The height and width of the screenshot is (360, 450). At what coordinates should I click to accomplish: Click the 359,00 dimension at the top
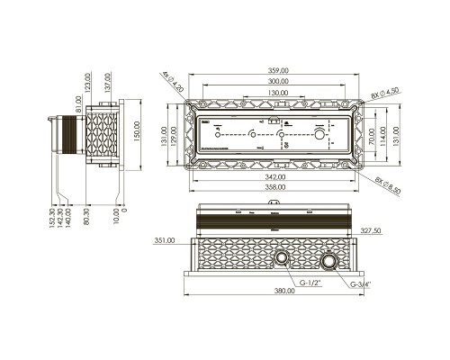[x=277, y=69]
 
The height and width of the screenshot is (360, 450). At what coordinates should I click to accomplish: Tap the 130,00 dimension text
[x=277, y=93]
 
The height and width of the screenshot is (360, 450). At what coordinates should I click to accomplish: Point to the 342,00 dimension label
[x=277, y=178]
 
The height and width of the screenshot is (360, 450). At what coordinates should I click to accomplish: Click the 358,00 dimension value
[x=277, y=190]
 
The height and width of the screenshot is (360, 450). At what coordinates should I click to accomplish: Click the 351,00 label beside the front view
[x=165, y=240]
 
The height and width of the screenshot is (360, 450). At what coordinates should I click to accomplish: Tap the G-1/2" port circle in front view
[x=283, y=259]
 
